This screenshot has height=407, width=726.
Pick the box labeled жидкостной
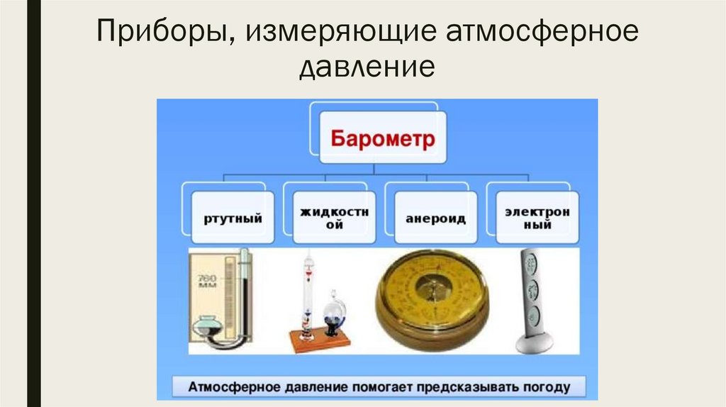329,218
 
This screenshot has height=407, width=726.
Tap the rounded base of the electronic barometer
534,343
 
